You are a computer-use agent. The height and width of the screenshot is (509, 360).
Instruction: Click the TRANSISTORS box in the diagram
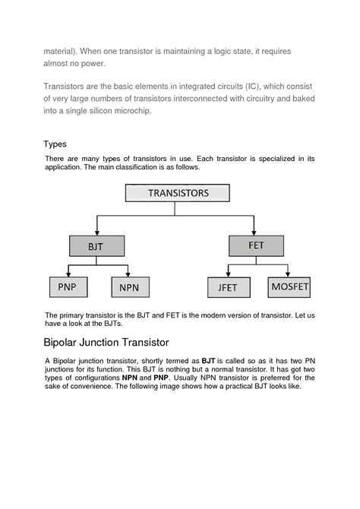point(177,193)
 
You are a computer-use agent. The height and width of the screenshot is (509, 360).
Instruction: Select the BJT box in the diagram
point(96,246)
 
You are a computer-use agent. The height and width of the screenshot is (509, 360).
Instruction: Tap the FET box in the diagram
point(256,245)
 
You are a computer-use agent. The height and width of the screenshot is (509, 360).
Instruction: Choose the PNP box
point(68,286)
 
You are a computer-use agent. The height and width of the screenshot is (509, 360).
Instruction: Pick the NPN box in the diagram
point(130,287)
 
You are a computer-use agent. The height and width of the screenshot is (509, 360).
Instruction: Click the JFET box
point(229,287)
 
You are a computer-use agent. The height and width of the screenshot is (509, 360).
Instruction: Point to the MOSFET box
point(290,286)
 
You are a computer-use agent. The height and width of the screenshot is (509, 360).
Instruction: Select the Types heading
point(55,144)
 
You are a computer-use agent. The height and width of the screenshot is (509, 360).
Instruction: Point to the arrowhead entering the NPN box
point(129,274)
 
